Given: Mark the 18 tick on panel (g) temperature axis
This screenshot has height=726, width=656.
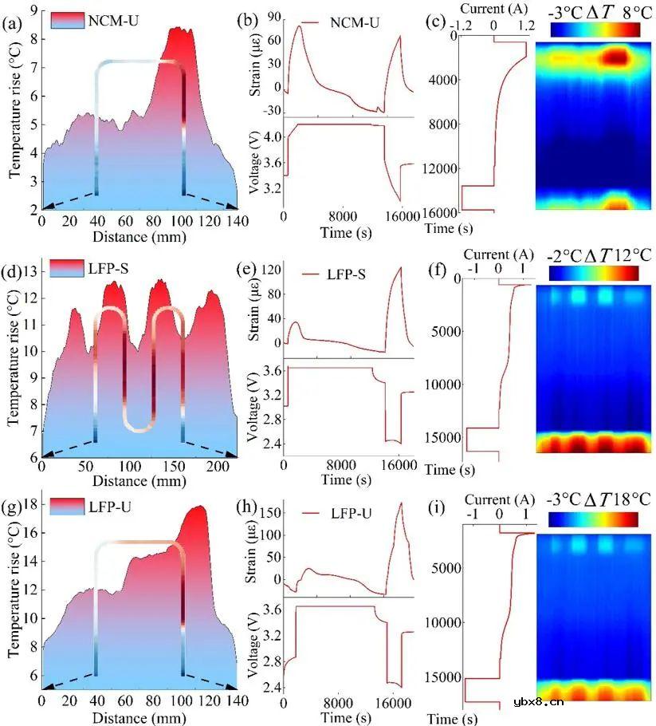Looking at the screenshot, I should (x=30, y=504).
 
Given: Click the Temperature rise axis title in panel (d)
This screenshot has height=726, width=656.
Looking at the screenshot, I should (x=14, y=365).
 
